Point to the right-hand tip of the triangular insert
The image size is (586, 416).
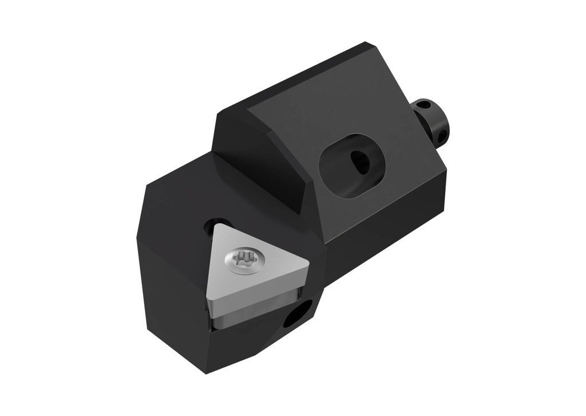[x=308, y=264]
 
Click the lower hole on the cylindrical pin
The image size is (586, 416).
[x=442, y=135]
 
